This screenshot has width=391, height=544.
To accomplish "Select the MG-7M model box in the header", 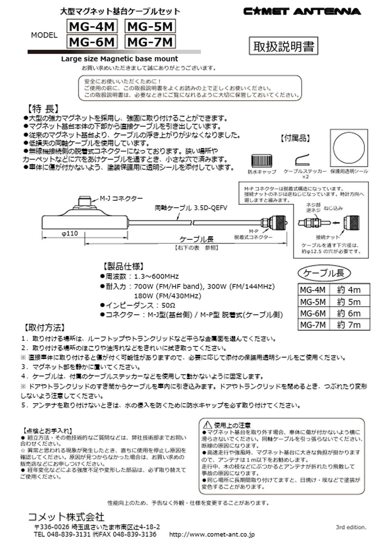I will (150, 42).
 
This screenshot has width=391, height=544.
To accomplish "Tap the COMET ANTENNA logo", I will (302, 12).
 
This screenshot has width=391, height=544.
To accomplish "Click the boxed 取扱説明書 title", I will (283, 47).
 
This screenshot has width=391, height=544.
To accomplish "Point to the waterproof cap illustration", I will (261, 161).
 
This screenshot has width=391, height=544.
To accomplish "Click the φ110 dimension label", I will (69, 233).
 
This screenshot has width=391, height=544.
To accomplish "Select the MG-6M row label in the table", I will (312, 313).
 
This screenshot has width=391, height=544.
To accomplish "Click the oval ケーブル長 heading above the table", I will (324, 273).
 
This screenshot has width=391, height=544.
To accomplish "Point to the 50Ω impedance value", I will (168, 305).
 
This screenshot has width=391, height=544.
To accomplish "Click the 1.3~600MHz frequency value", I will (156, 277).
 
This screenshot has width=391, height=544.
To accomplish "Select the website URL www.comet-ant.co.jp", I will (212, 534).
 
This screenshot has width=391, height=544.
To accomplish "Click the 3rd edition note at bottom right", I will (351, 527).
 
